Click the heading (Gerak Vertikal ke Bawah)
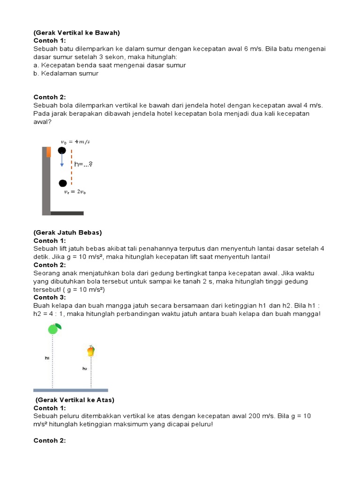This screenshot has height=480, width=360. pos(77,33)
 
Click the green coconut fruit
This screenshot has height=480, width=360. pos(53,329)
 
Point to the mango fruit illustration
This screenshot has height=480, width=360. pos(91,351)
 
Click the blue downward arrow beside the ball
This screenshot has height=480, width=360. pos(62,161)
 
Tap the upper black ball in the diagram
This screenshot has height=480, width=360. pos(62,150)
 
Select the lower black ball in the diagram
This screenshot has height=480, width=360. pos(63,183)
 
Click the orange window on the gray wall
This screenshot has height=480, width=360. pos(48,152)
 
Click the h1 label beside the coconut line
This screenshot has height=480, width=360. pos(47,358)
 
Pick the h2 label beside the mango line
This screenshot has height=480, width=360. pos(85,368)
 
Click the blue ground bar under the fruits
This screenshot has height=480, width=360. pos(71,390)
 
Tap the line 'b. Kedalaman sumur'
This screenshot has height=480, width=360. pos(66,74)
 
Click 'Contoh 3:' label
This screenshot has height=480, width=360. pos(49,297)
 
